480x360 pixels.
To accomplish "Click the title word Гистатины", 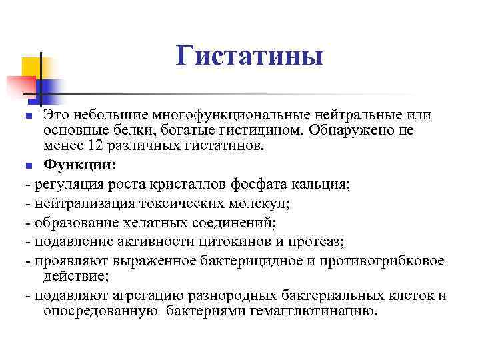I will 250,55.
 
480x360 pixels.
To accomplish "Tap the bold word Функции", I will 79,164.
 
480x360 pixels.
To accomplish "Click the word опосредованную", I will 101,311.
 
